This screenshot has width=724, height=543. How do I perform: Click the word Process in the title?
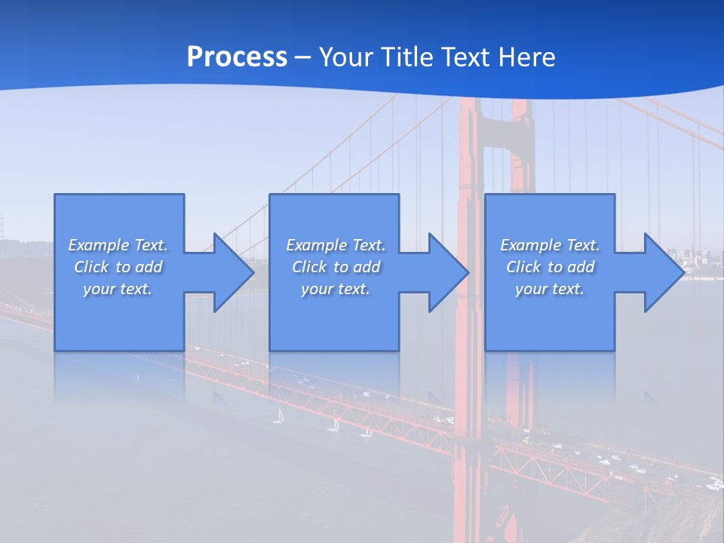coord(237,57)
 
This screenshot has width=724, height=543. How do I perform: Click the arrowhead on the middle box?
coord(448,272)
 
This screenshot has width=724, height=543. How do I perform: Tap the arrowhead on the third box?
coord(663,272)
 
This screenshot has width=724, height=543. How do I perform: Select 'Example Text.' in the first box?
coord(118,245)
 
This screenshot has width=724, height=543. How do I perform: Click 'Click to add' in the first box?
coord(118,267)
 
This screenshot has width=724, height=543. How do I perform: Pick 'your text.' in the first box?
coord(118,289)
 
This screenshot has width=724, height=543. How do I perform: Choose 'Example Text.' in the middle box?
coord(336,245)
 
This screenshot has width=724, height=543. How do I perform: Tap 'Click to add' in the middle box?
coord(336,267)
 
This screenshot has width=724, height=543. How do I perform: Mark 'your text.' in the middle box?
coord(336,289)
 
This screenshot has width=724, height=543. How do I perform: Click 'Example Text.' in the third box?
coord(550,245)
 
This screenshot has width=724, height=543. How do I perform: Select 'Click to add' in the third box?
coord(550,267)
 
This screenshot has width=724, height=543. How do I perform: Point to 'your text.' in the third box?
coord(550,289)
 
